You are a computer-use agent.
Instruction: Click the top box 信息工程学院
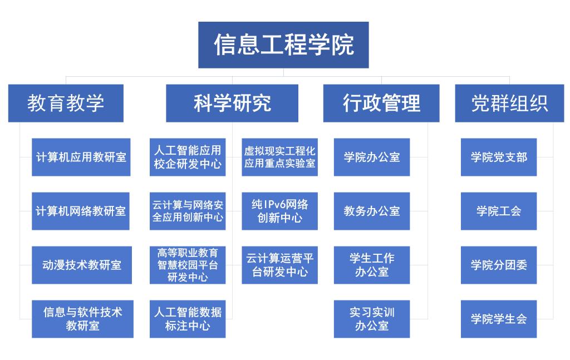tap(283, 45)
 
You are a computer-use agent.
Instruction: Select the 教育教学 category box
tap(66, 103)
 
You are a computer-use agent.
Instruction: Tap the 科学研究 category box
tap(232, 103)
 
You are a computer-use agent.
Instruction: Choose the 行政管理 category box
tap(381, 103)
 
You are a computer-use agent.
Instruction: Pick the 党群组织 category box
tap(510, 103)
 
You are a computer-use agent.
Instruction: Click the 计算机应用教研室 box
tap(81, 157)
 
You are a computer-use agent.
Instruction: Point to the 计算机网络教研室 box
tap(81, 211)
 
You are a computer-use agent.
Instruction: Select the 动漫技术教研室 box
tap(82, 265)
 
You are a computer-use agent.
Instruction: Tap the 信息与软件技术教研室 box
tap(82, 319)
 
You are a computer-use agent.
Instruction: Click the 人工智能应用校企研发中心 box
tap(188, 157)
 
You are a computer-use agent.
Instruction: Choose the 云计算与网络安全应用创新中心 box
tap(188, 211)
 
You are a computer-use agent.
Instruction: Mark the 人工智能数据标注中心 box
tap(188, 319)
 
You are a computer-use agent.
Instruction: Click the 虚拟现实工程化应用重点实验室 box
tap(279, 157)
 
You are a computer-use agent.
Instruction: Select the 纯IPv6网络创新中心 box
tap(279, 211)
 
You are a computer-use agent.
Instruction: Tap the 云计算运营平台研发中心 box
tap(279, 265)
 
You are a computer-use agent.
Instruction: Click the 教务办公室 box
tap(372, 211)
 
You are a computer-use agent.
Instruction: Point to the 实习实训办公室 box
tap(372, 319)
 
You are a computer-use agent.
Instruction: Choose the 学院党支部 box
tap(499, 157)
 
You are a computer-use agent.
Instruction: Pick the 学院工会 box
tap(499, 211)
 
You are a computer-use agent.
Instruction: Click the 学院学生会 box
tap(499, 319)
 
